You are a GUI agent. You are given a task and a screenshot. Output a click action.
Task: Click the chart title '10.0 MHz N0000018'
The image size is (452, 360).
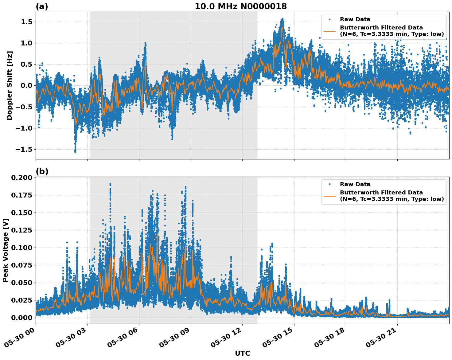coord(241,6)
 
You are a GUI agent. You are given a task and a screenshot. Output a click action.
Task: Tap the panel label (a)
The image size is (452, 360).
coord(42,6)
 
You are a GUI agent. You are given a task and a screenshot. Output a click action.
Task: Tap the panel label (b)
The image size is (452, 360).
coord(42,171)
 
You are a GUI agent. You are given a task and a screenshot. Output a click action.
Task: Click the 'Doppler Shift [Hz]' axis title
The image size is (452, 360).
coord(10,85)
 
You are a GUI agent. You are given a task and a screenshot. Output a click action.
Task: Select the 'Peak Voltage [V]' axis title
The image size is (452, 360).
coord(5,250)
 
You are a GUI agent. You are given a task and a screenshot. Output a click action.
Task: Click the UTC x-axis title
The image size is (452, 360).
coord(242,353)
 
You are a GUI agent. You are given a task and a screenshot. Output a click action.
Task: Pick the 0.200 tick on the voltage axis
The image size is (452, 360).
coord(21,178)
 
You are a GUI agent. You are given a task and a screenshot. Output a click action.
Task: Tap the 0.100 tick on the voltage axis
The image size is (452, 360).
coord(21,248)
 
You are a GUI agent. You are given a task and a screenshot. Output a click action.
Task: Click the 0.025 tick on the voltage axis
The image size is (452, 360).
coord(21,300)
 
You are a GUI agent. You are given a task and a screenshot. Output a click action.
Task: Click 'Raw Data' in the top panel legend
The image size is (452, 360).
coord(355,19)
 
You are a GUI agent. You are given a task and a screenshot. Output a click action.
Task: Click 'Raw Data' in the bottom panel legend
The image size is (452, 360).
coord(355,184)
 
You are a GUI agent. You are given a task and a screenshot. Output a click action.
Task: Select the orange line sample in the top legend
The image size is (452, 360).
coord(329,31)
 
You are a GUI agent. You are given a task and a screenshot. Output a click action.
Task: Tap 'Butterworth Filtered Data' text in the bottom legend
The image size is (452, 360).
coord(381,193)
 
